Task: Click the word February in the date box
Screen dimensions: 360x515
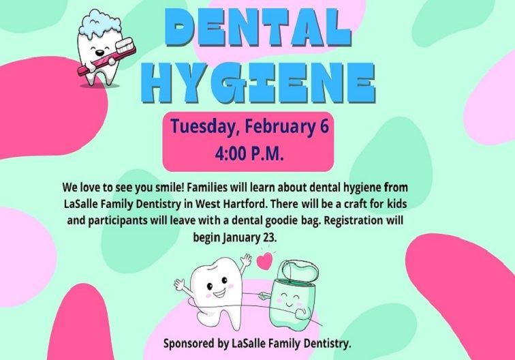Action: [x=268, y=127]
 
